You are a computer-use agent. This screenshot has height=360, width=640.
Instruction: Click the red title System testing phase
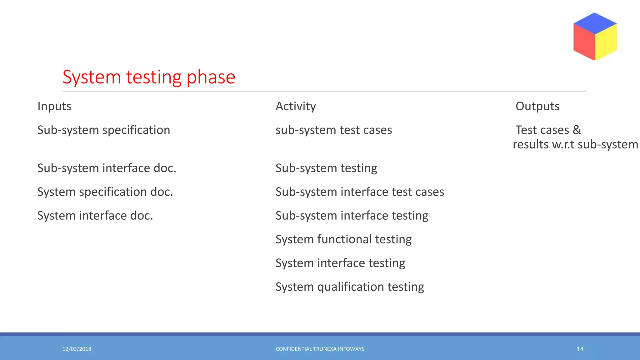pyautogui.click(x=149, y=77)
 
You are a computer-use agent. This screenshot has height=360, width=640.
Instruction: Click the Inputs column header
pyautogui.click(x=54, y=106)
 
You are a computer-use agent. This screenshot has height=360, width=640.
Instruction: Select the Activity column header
pyautogui.click(x=296, y=106)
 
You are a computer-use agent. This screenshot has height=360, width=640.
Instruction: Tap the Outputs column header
pyautogui.click(x=537, y=106)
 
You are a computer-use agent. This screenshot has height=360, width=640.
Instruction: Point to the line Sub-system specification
pyautogui.click(x=104, y=130)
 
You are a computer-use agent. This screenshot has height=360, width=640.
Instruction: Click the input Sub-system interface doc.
pyautogui.click(x=107, y=168)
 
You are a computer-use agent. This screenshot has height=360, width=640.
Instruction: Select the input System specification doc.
pyautogui.click(x=105, y=192)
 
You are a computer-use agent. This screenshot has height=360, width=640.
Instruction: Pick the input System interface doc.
pyautogui.click(x=95, y=216)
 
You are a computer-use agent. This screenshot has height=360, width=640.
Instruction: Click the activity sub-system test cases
pyautogui.click(x=333, y=130)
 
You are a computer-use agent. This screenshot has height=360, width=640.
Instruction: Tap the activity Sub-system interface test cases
pyautogui.click(x=360, y=192)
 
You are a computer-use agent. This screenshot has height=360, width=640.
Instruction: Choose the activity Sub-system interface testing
pyautogui.click(x=352, y=216)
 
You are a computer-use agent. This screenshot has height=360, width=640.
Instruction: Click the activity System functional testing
pyautogui.click(x=343, y=239)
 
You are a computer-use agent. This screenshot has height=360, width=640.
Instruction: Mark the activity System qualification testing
pyautogui.click(x=350, y=287)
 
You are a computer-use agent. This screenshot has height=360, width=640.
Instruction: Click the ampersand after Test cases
pyautogui.click(x=577, y=130)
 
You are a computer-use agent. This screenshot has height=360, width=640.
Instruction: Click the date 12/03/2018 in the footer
pyautogui.click(x=77, y=349)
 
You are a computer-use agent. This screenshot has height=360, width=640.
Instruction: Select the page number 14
pyautogui.click(x=580, y=349)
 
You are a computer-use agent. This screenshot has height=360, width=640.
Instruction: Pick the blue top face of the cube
pyautogui.click(x=595, y=23)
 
